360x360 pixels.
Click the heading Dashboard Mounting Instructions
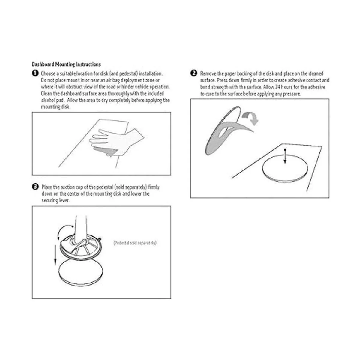pyautogui.click(x=66, y=64)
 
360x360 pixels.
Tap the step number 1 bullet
pyautogui.click(x=35, y=73)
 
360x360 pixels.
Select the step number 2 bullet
pyautogui.click(x=194, y=73)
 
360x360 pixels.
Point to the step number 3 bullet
pyautogui.click(x=35, y=187)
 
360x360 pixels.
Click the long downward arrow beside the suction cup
pyautogui.click(x=55, y=255)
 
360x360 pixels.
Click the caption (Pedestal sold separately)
pyautogui.click(x=135, y=243)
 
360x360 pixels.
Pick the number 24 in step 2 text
pyautogui.click(x=277, y=87)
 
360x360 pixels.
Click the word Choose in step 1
pyautogui.click(x=48, y=73)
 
